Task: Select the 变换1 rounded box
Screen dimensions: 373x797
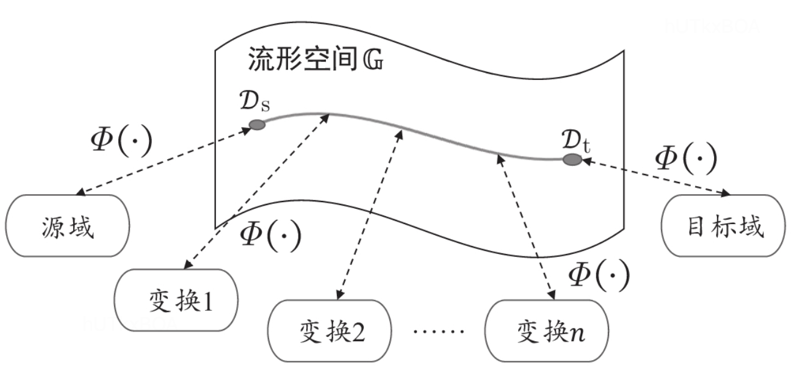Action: coord(176,300)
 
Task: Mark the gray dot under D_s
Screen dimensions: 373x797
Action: coord(257,125)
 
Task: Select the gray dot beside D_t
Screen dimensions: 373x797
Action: coord(572,160)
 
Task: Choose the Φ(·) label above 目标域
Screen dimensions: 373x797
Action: coord(685,159)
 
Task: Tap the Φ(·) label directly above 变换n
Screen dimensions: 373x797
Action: coord(598,276)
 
